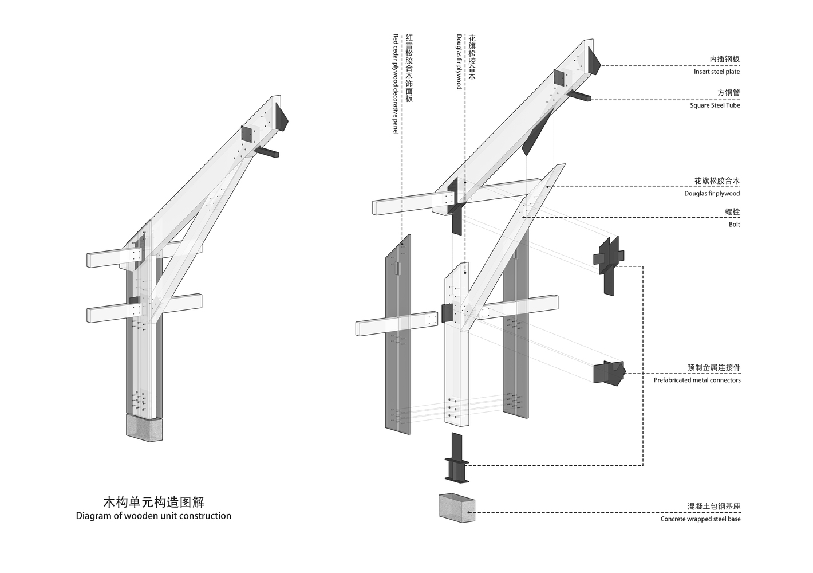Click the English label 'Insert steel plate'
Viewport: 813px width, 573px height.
tap(716, 72)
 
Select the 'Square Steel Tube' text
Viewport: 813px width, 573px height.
tap(715, 105)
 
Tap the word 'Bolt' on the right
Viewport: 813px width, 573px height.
tap(734, 225)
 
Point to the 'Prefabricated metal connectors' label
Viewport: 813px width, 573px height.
tap(697, 380)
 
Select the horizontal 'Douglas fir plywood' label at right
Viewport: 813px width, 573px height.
tap(712, 194)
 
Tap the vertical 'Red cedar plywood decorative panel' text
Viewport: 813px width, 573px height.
tap(396, 84)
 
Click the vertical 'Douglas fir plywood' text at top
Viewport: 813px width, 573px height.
tap(459, 61)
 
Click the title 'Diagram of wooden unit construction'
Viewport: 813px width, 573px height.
tap(153, 516)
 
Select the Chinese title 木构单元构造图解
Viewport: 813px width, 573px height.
tap(153, 502)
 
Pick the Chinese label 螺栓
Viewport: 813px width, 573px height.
tap(732, 212)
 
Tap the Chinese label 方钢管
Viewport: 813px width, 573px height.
tap(728, 93)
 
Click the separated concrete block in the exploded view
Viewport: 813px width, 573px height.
tap(456, 508)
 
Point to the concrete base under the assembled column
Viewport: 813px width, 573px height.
tap(144, 428)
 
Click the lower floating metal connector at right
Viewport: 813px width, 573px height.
tap(609, 372)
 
